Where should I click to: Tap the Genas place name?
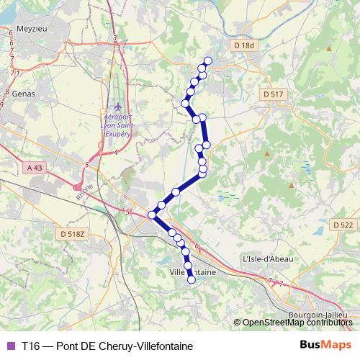tap(23, 94)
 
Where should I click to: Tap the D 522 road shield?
tap(344, 225)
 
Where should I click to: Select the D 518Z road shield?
tap(73, 234)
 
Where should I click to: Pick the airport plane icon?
tap(118, 107)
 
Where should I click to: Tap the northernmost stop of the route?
tap(209, 60)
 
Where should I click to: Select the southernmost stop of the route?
tap(192, 281)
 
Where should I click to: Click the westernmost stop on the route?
tap(153, 215)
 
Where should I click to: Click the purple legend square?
tap(9, 346)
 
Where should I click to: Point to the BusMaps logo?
tap(325, 345)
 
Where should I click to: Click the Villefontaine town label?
tap(193, 271)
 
